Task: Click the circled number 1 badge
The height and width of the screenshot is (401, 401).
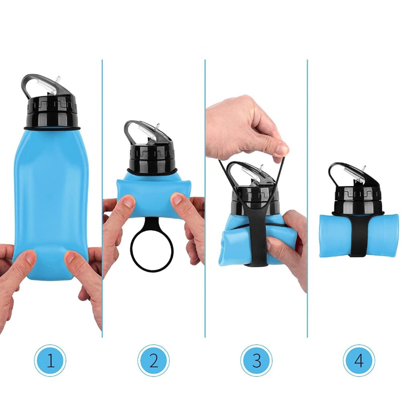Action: tap(50, 361)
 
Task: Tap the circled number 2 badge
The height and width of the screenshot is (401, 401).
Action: tap(154, 361)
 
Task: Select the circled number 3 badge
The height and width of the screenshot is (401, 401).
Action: tap(256, 361)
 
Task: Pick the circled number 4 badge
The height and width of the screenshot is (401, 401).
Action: tap(359, 361)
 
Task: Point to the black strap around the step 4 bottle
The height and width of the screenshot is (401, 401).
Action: tap(358, 236)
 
